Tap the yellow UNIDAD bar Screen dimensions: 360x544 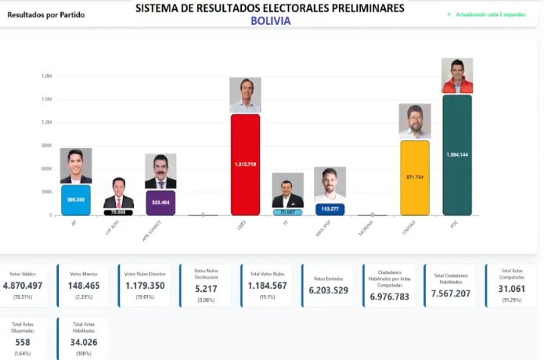point(414,177)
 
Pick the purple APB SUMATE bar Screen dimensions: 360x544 point(160,202)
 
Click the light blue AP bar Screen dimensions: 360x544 point(76,200)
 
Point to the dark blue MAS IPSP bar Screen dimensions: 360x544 point(330,209)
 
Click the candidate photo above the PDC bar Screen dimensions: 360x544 point(457,76)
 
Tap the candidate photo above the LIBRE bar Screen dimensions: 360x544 point(245,95)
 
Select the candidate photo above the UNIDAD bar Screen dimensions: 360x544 point(414,121)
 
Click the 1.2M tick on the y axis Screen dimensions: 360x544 point(46,122)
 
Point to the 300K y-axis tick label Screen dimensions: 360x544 point(46,191)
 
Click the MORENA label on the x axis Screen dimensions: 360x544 point(365,228)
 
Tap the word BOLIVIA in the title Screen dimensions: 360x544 point(271,21)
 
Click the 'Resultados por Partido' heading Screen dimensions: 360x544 point(41,14)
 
